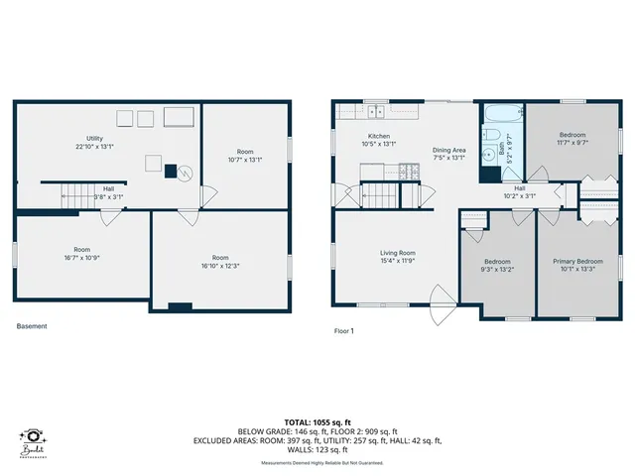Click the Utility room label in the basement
click(95, 141)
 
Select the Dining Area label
click(449, 153)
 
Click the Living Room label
click(399, 256)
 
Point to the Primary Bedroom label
click(577, 264)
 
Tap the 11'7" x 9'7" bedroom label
click(572, 138)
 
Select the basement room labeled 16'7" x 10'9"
click(81, 253)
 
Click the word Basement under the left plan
click(32, 326)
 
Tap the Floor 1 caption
click(344, 330)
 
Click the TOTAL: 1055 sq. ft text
click(317, 421)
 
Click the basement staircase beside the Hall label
click(75, 194)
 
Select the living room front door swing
click(441, 297)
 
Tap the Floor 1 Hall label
click(519, 191)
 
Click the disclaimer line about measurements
click(317, 463)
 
